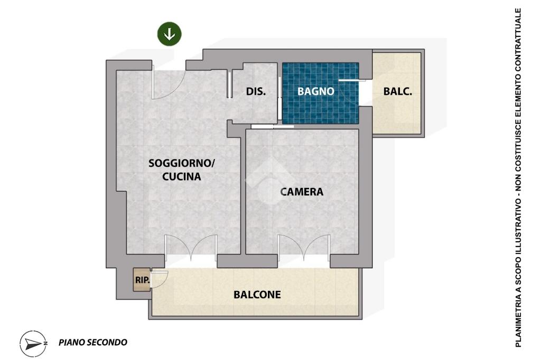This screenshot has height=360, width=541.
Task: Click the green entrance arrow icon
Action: [x=170, y=34]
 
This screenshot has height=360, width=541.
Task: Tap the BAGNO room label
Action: [x=316, y=91]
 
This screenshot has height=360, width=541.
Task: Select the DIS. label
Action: [x=256, y=91]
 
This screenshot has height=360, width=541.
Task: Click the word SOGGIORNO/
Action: [x=182, y=163]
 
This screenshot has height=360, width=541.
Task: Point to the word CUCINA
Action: [x=182, y=176]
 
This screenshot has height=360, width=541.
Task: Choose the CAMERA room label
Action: [x=302, y=192]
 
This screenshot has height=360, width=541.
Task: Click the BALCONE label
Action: [x=257, y=295]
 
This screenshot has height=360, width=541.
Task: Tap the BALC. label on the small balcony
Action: [x=397, y=91]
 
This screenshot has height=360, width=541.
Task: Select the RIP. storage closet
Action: [x=142, y=280]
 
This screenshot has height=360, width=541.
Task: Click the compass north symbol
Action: [x=33, y=344]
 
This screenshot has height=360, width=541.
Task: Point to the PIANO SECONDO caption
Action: [x=93, y=343]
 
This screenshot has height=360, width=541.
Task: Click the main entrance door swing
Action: [x=169, y=85]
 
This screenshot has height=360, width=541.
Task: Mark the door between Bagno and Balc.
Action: [x=351, y=92]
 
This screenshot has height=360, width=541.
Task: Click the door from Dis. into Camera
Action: [x=273, y=127]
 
